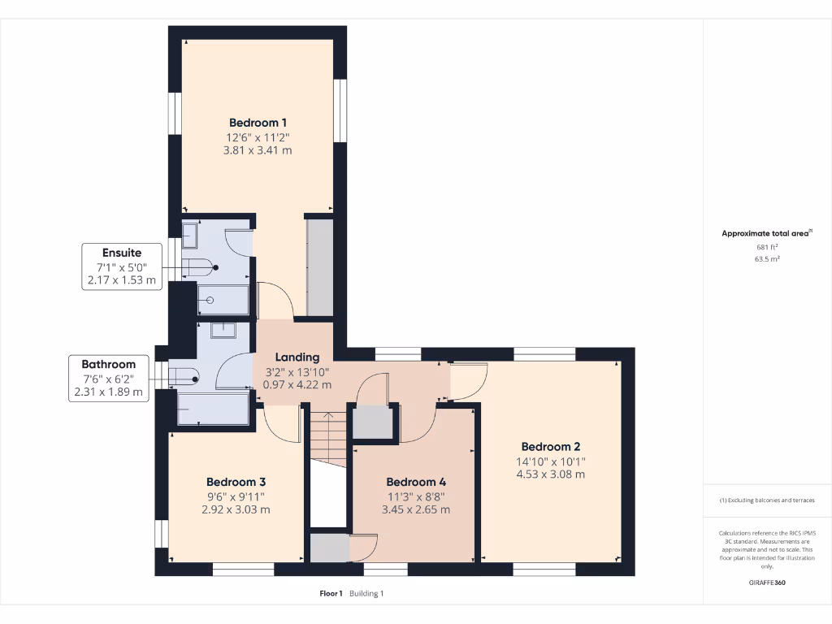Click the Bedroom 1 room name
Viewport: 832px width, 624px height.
257,123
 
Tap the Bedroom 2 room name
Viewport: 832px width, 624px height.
550,447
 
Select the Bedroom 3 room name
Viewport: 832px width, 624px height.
236,481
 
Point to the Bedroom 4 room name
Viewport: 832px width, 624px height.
416,481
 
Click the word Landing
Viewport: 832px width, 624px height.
297,357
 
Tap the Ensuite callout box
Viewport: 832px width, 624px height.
122,266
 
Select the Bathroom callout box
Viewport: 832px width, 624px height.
108,378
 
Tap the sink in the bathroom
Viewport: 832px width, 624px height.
222,330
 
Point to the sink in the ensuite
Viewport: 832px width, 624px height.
189,235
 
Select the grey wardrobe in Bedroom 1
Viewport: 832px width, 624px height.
319,266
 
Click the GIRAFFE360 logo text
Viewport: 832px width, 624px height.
767,583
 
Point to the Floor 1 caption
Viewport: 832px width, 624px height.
331,594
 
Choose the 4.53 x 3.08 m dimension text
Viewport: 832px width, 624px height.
550,474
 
